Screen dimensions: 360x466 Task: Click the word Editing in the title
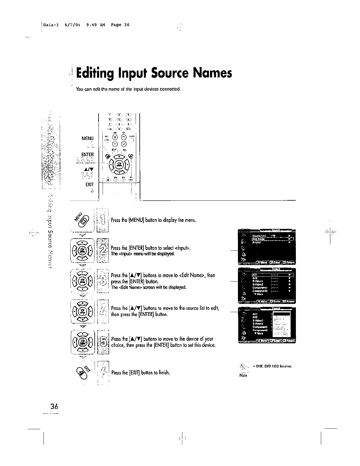95,74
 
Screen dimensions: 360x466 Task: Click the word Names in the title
212,73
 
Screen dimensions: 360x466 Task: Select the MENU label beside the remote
88,138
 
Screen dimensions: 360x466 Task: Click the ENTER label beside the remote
88,155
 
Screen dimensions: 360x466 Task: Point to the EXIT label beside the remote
89,184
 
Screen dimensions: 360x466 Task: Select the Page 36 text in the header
120,25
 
